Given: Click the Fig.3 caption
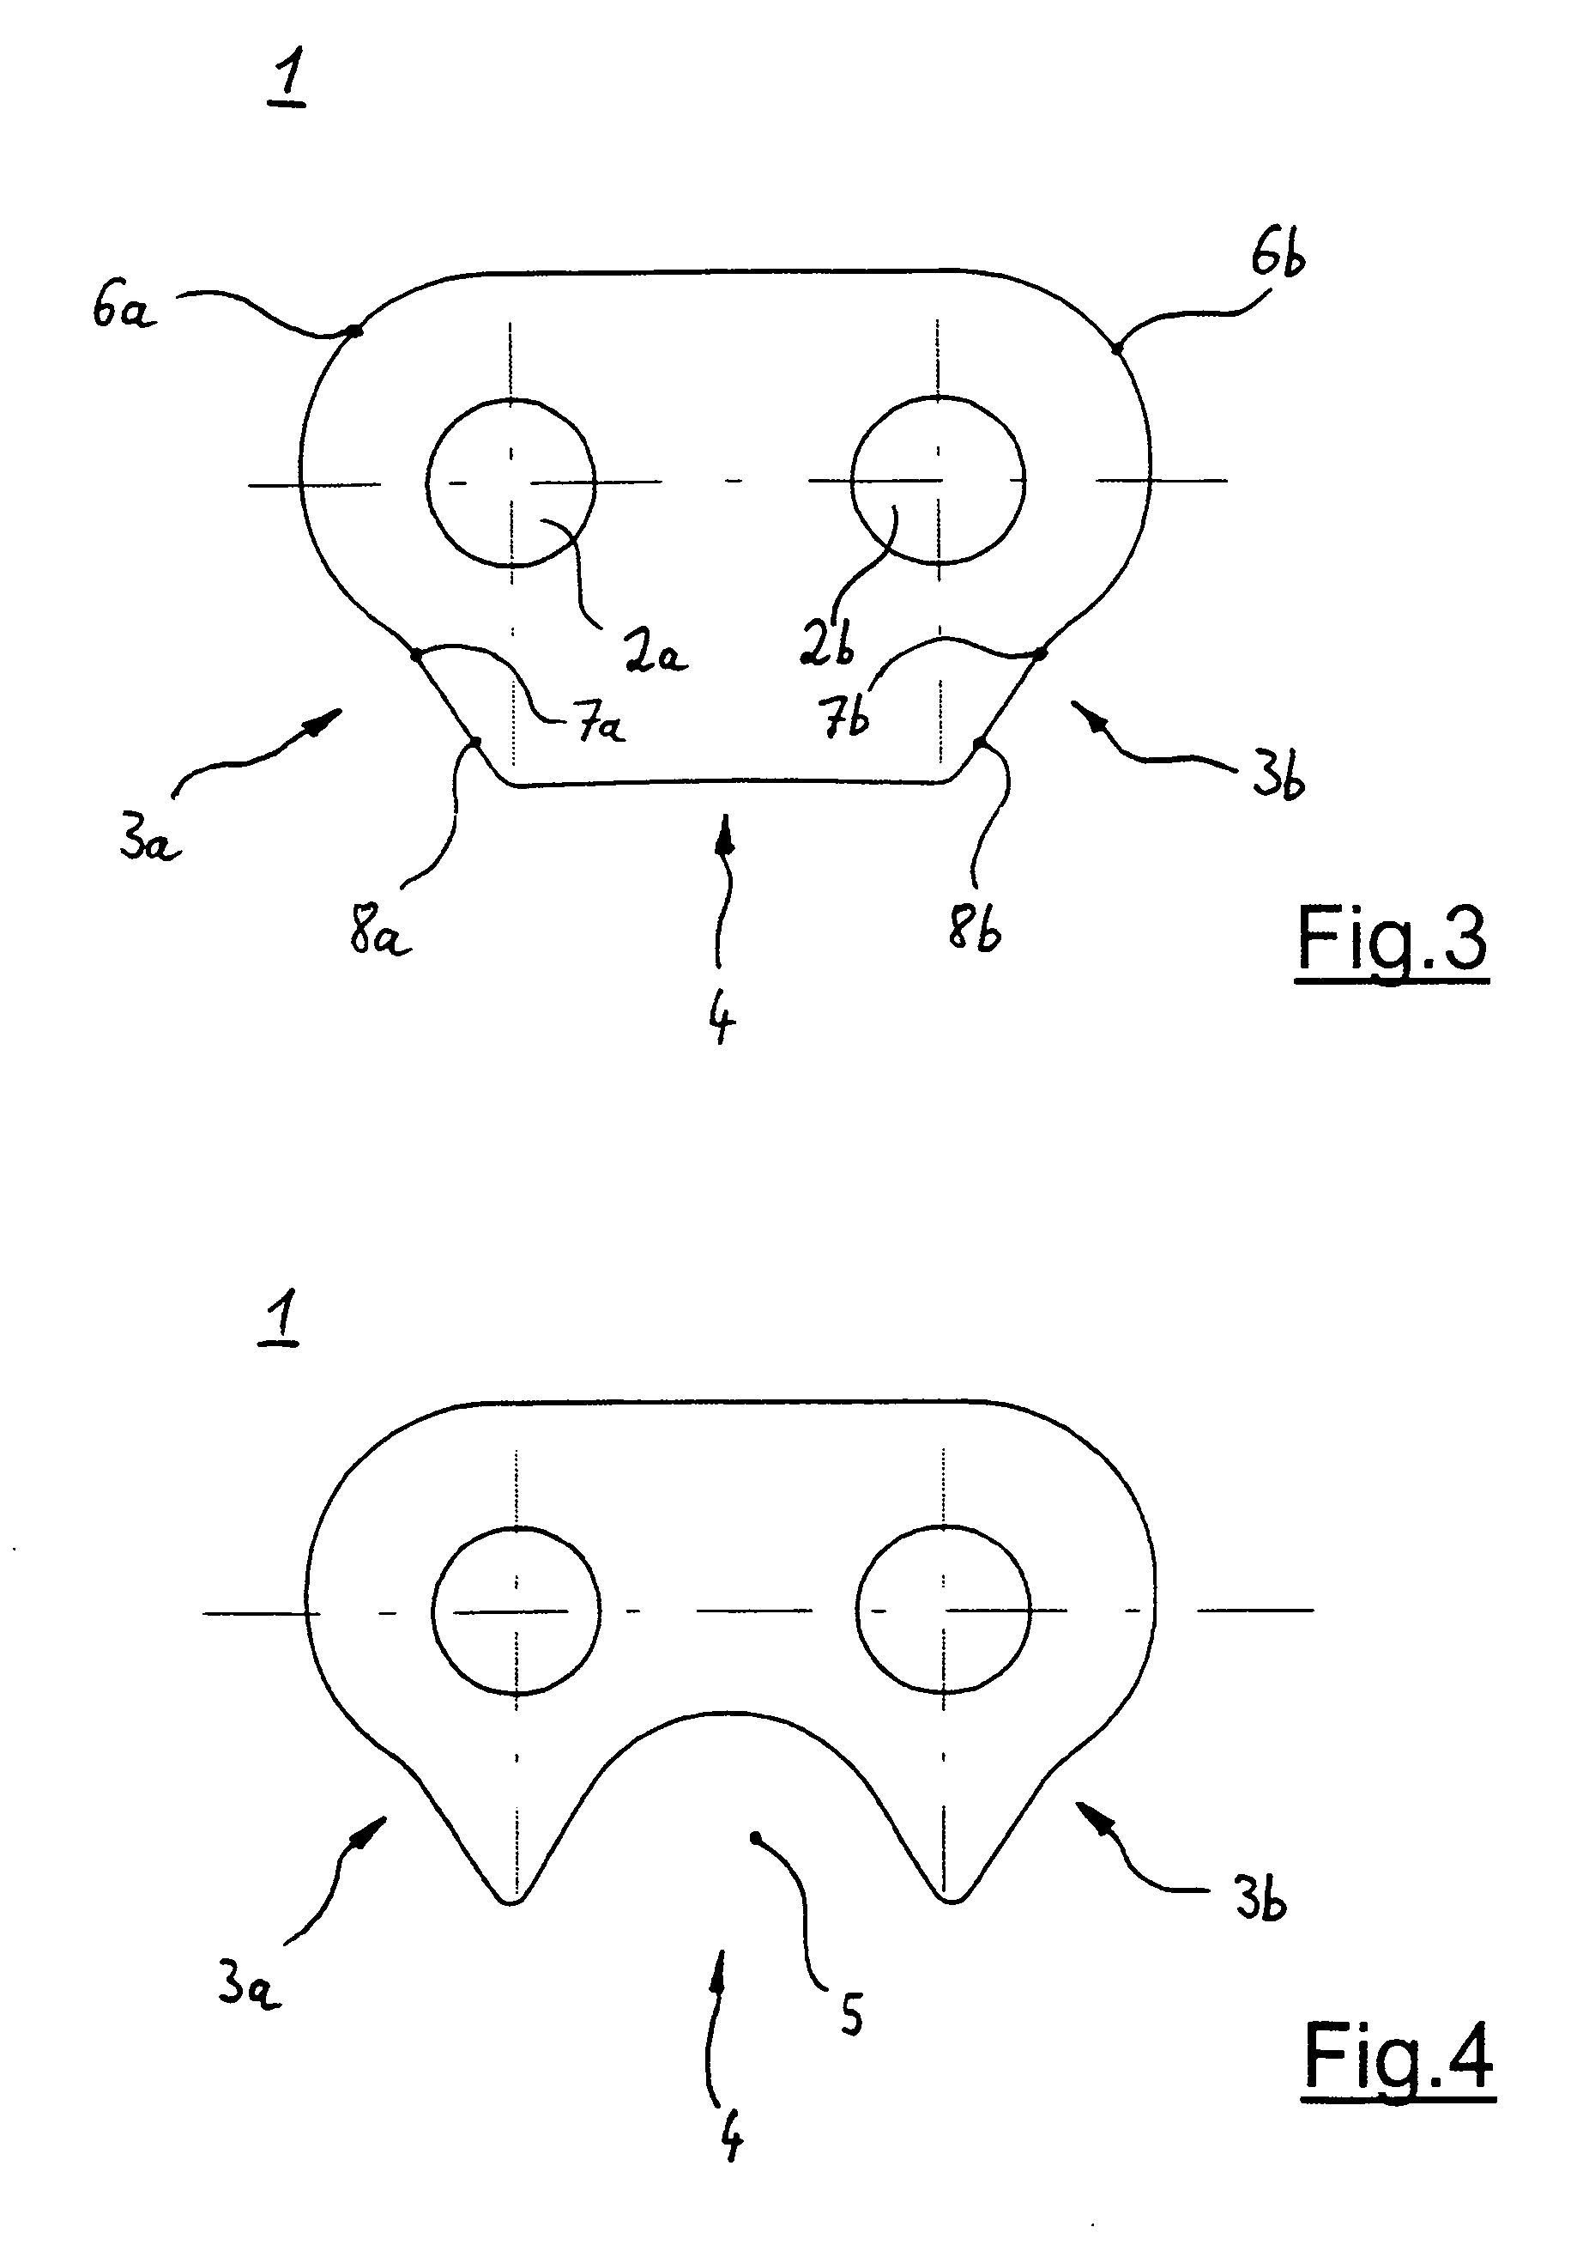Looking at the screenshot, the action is point(1392,941).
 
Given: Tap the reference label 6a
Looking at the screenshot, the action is point(124,309).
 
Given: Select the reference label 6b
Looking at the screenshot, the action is point(1278,257).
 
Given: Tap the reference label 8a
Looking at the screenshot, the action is point(379,932).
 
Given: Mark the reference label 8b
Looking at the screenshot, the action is point(974,925).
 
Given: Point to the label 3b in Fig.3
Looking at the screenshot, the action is point(1277,780).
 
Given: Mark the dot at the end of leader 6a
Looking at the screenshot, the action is point(356,331).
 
